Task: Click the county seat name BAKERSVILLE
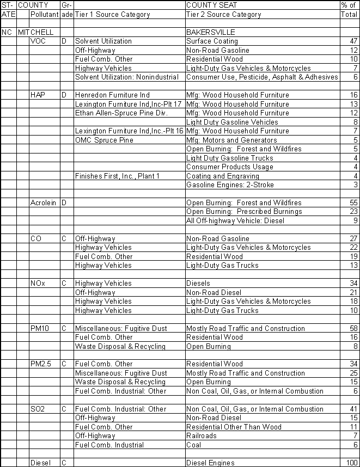(x=211, y=32)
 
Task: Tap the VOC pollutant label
(x=38, y=41)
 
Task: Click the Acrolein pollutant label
(x=43, y=203)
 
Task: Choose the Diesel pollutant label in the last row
(x=41, y=463)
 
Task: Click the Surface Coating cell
(x=212, y=41)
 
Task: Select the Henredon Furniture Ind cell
(x=112, y=95)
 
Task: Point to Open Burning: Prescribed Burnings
(x=243, y=212)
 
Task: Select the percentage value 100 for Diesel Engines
(x=350, y=463)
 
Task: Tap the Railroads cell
(x=202, y=436)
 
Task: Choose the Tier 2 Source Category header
(x=223, y=15)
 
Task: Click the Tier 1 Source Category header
(x=112, y=15)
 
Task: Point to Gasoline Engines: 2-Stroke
(x=229, y=185)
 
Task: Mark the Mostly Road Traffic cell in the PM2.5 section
(x=245, y=373)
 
